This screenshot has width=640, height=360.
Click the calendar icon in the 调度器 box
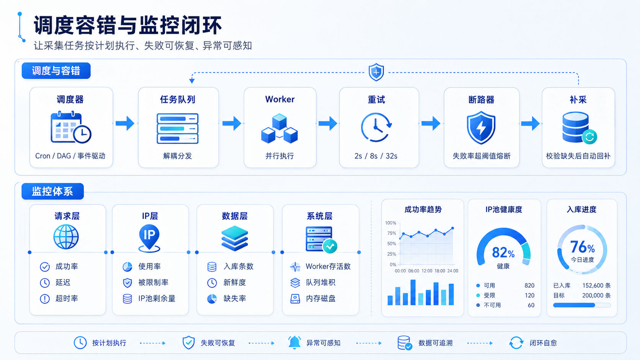[71, 127]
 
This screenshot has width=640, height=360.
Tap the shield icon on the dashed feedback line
[376, 72]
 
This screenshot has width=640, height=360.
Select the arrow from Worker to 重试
[328, 123]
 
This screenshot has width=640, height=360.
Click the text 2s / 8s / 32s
[376, 156]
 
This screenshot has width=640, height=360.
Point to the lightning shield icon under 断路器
[481, 127]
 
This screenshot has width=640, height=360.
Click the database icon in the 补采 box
[579, 128]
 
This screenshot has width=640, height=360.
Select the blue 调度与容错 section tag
[56, 70]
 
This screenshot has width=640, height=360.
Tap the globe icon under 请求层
[66, 237]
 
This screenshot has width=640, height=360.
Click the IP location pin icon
[149, 238]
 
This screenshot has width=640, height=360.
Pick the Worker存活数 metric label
[328, 266]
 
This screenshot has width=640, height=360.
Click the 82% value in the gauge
[503, 252]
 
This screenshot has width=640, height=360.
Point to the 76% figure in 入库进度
[582, 247]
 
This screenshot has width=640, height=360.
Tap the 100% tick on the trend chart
[390, 223]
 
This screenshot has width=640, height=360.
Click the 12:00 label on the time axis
[427, 270]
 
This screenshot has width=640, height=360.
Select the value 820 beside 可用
[529, 285]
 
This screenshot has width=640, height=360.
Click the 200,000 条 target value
[596, 295]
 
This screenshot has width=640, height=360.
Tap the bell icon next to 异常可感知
[294, 342]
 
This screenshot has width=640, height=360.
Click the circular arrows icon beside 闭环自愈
[516, 342]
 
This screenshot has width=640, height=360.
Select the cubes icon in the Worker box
[279, 128]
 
